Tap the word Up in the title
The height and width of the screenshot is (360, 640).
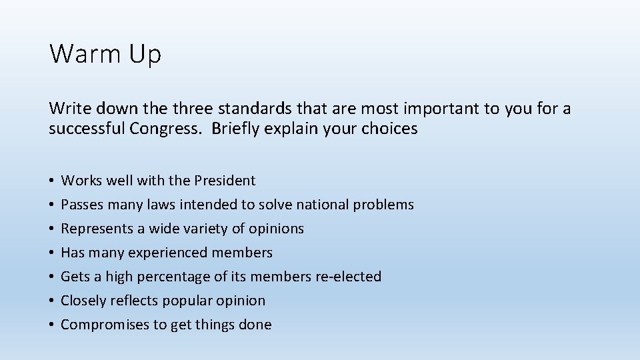pos(145,54)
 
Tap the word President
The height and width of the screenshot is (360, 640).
pos(225,181)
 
